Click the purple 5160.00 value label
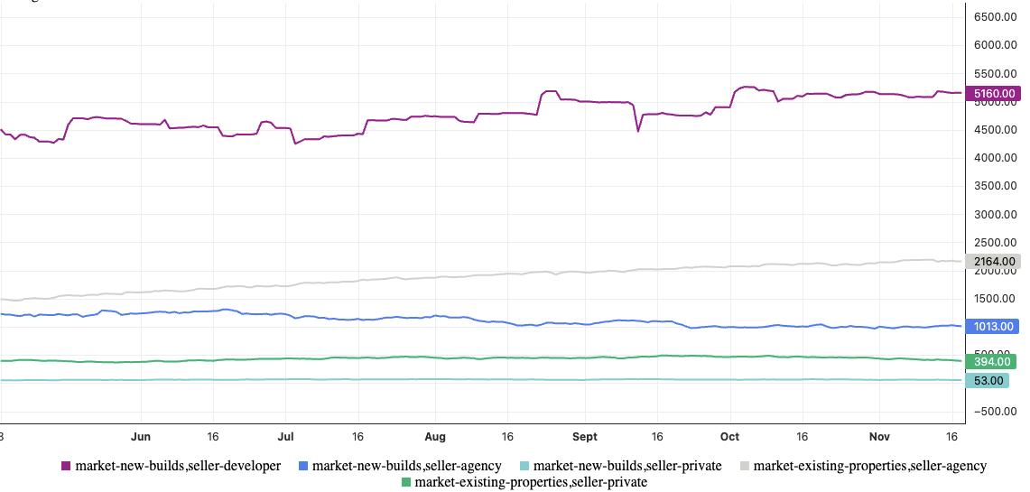click(x=992, y=93)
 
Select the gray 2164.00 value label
click(x=992, y=261)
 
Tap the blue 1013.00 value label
click(x=992, y=327)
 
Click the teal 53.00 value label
click(x=987, y=381)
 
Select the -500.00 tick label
click(x=994, y=412)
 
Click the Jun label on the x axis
click(x=141, y=436)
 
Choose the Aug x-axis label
click(x=435, y=436)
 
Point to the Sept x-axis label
click(x=585, y=436)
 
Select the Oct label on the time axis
click(x=729, y=436)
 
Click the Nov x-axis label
click(x=880, y=436)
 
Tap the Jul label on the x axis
click(x=285, y=436)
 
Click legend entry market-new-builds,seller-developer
click(x=171, y=466)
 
